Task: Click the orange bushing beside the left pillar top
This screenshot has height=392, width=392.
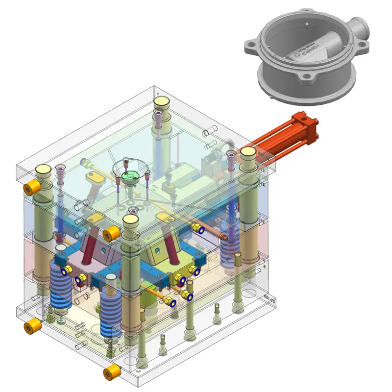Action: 33,186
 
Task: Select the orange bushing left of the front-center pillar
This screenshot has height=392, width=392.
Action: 112,234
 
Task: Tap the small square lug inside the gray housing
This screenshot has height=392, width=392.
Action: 305,23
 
